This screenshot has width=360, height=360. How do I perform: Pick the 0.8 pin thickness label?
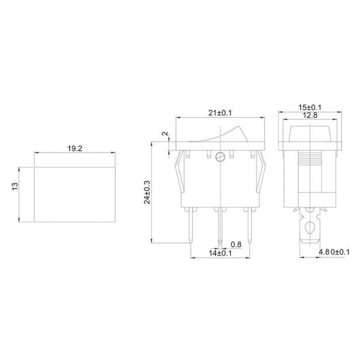click(x=236, y=245)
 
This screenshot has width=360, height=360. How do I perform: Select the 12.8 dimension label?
click(x=310, y=115)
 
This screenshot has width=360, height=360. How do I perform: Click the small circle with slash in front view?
click(x=222, y=158)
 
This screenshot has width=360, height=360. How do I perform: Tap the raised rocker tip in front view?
click(x=241, y=130)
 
